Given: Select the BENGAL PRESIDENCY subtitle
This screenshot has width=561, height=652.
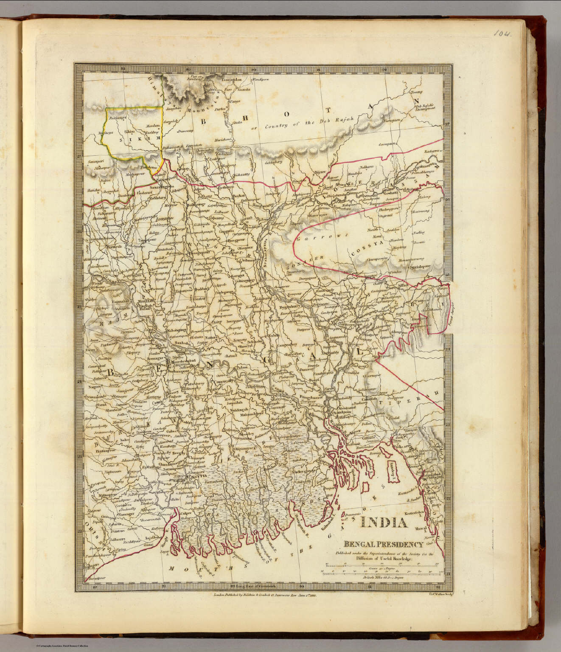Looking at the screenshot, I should [x=383, y=545].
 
